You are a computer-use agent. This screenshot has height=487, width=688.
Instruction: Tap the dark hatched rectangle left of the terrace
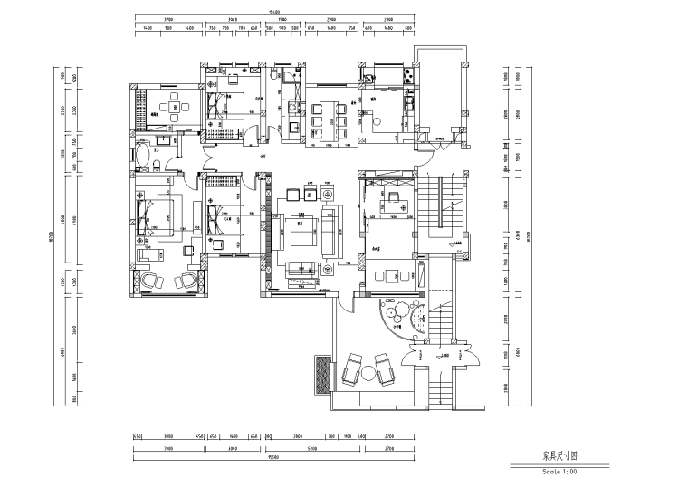(x=322, y=374)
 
